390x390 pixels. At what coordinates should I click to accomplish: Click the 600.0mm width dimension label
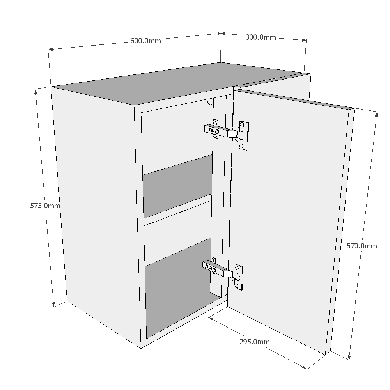[x=145, y=41]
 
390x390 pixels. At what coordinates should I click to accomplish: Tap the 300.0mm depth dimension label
[x=261, y=37]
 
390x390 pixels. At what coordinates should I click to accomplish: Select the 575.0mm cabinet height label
[x=45, y=206]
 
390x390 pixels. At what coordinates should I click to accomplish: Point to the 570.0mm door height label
[x=362, y=246]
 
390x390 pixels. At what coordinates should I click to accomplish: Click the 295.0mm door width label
[x=254, y=342]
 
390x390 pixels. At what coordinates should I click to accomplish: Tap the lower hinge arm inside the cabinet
[x=214, y=268]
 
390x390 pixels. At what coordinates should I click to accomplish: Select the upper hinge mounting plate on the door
[x=243, y=135]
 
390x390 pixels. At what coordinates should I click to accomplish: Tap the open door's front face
[x=289, y=218]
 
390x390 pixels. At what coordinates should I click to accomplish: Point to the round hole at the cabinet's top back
[x=211, y=102]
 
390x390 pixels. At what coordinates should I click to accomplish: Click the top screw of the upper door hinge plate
[x=242, y=125]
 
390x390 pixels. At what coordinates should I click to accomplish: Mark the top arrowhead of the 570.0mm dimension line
[x=377, y=114]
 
